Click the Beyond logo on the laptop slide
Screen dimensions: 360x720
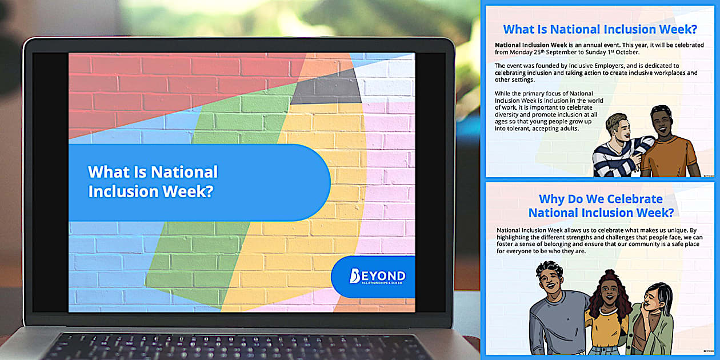click(377, 277)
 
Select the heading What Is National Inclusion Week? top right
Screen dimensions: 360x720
click(599, 29)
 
